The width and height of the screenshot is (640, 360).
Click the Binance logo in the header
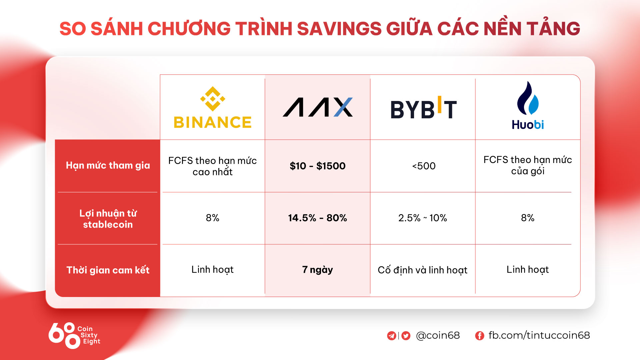click(213, 107)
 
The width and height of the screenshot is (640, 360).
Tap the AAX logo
click(318, 107)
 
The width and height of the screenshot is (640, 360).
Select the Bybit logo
click(423, 108)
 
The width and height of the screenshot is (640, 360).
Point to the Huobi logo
click(528, 105)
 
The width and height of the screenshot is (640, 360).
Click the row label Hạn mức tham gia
click(108, 165)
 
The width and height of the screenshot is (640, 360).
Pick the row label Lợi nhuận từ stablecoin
click(108, 219)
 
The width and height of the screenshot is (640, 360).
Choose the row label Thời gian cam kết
click(108, 270)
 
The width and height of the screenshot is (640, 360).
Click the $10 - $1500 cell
click(318, 166)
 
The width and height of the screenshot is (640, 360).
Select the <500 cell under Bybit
click(424, 166)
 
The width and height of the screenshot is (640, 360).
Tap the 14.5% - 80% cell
click(318, 218)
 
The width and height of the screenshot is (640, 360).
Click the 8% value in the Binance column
click(213, 218)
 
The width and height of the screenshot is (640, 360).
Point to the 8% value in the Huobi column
click(528, 218)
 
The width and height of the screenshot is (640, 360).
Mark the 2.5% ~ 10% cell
click(423, 218)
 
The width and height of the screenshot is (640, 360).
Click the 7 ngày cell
click(318, 270)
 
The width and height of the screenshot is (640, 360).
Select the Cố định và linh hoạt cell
click(423, 270)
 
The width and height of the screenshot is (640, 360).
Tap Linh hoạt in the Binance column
click(213, 270)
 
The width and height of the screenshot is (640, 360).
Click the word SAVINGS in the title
click(339, 29)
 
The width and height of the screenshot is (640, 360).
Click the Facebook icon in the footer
click(479, 336)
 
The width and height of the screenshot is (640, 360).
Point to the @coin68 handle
click(438, 335)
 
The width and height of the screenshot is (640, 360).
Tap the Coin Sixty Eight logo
click(74, 335)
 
